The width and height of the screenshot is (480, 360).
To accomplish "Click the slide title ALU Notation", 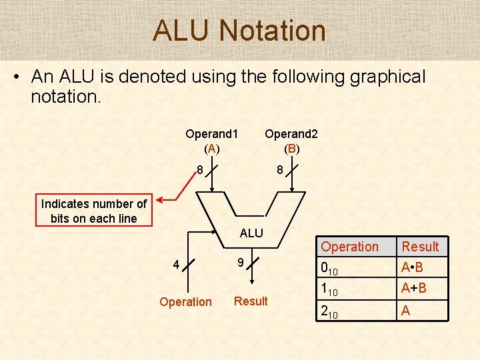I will (x=239, y=31).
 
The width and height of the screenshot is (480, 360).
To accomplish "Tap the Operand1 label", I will (x=211, y=133).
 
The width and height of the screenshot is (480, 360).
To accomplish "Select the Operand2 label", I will (x=291, y=133).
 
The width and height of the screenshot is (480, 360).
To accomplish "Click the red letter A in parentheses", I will (x=211, y=148).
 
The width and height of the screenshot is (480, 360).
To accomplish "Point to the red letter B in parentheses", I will (x=291, y=148).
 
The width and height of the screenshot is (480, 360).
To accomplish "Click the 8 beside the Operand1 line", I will (x=199, y=170).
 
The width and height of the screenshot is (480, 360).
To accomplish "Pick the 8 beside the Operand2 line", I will (x=281, y=171).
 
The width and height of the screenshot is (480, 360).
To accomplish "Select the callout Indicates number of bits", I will (x=94, y=211).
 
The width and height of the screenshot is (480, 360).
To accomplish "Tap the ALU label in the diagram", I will (x=251, y=233).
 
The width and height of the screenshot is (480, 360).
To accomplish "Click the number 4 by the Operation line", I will (x=176, y=265).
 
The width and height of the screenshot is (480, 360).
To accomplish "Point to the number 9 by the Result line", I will (x=241, y=262).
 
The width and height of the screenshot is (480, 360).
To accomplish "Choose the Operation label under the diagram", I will (x=185, y=302).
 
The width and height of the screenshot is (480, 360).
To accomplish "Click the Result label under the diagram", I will (x=251, y=301).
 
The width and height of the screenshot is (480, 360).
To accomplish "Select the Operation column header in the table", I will (x=349, y=247).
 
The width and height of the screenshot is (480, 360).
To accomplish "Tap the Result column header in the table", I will (x=420, y=247).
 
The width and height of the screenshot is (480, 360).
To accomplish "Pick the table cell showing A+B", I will (x=413, y=289).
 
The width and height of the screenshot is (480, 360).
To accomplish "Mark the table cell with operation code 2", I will (x=329, y=311).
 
